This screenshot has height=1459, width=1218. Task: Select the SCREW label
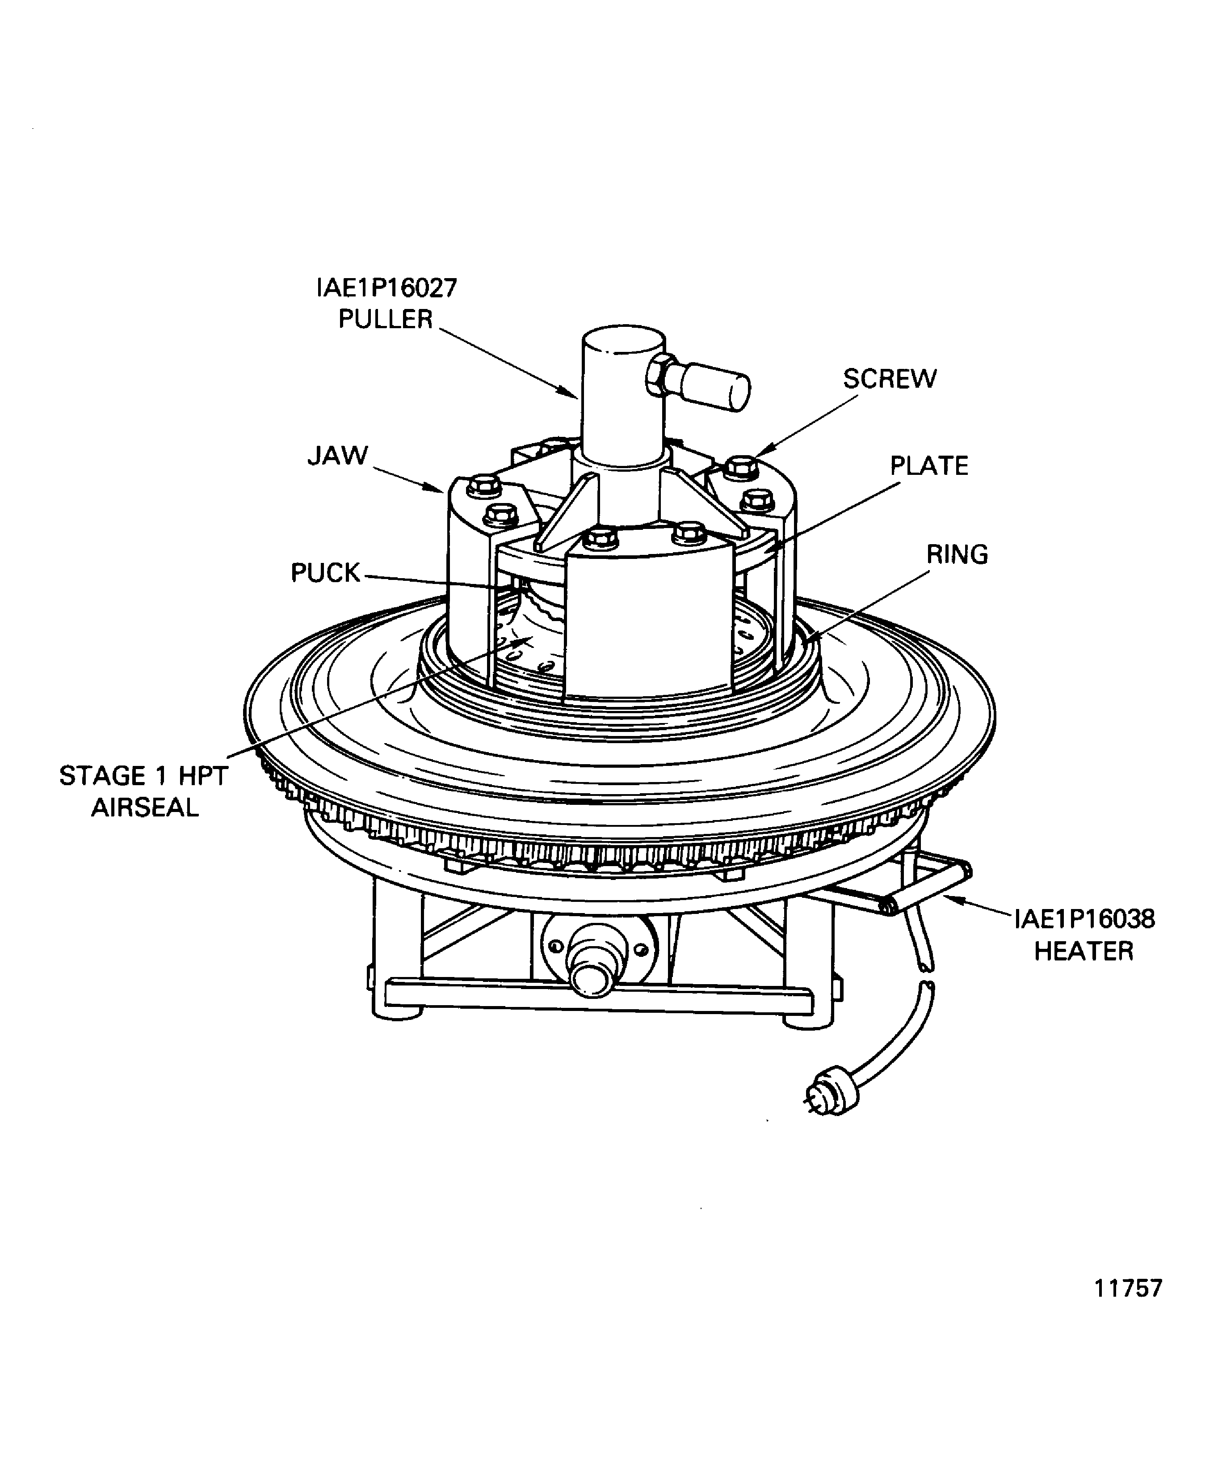click(890, 379)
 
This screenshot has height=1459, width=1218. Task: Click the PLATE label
click(929, 465)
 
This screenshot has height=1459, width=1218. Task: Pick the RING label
click(957, 554)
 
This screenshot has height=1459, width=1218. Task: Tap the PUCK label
click(325, 572)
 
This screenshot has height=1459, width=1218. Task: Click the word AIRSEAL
click(145, 808)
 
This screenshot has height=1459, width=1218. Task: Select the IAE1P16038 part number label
click(1084, 918)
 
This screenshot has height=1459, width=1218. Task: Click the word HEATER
click(1083, 951)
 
